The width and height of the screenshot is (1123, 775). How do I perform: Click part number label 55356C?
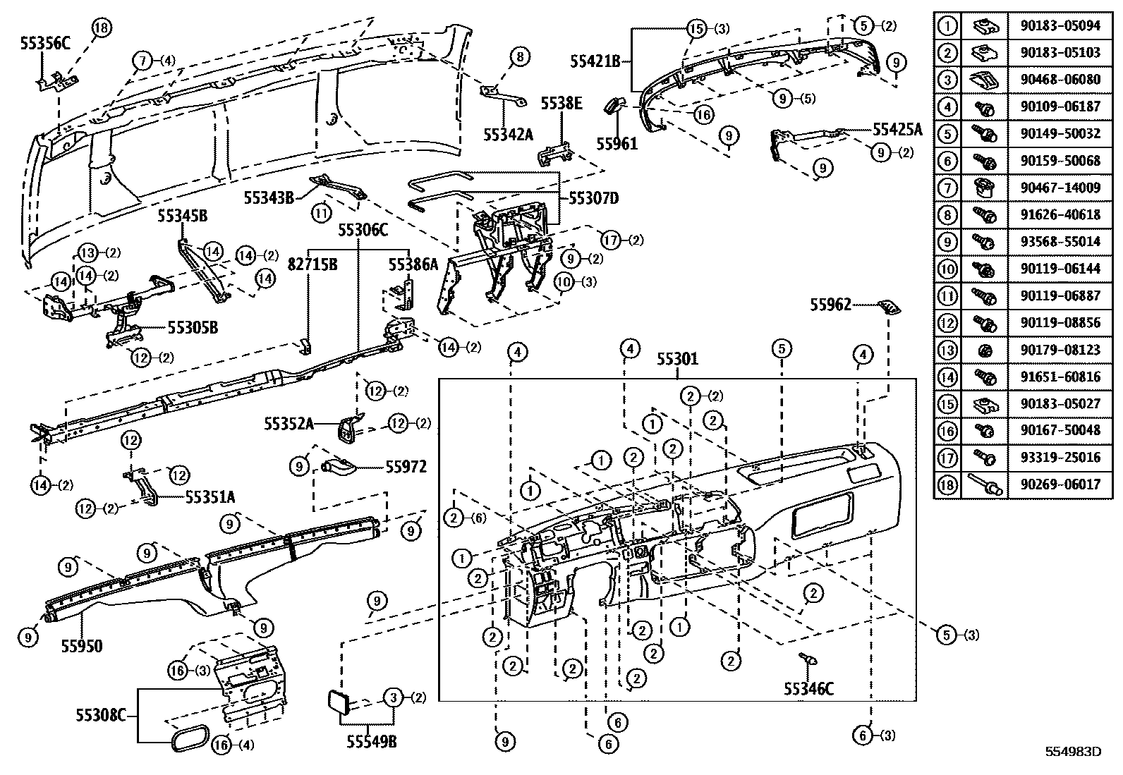[x=46, y=43]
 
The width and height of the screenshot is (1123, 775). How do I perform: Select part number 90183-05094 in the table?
[x=1060, y=26]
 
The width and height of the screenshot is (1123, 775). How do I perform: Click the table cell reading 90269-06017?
[x=1060, y=485]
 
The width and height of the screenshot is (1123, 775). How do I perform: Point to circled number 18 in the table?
[x=947, y=485]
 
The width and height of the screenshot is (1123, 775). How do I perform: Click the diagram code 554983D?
[x=1072, y=752]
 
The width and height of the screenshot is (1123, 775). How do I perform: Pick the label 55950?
[x=81, y=646]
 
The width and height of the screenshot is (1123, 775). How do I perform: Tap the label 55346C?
[x=808, y=688]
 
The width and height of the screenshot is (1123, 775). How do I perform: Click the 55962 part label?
[x=830, y=305]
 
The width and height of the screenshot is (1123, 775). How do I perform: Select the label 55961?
[x=617, y=144]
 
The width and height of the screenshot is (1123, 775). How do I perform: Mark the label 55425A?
[x=897, y=129]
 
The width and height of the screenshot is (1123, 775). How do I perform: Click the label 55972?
[x=406, y=467]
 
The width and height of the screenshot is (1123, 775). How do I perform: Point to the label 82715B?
[x=312, y=264]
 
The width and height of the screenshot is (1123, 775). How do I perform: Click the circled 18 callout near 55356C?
[x=102, y=28]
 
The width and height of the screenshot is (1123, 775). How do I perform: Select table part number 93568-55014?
[x=1060, y=241]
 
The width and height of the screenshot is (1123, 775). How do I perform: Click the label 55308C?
[x=101, y=716]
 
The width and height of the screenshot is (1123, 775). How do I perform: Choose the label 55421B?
[x=595, y=61]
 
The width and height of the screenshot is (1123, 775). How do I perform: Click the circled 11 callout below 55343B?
[x=322, y=211]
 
